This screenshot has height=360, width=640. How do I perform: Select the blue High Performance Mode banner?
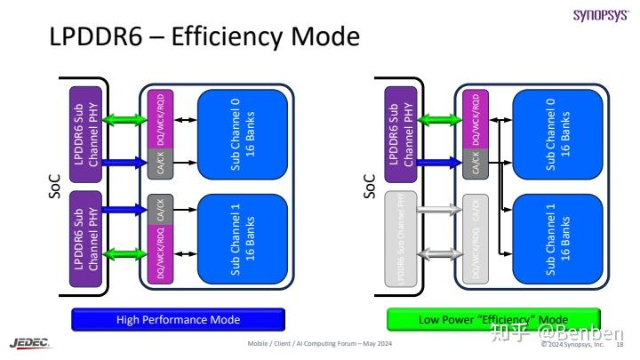tap(178, 319)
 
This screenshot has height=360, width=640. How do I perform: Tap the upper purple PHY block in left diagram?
tap(87, 130)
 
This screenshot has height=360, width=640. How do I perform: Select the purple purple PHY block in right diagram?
tap(402, 130)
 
